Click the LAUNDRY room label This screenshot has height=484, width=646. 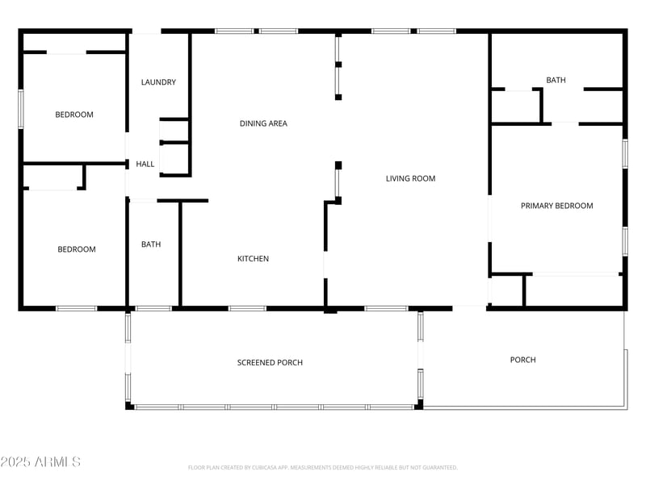tap(158, 82)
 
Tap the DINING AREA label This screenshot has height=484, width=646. tap(263, 123)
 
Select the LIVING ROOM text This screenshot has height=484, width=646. tap(410, 178)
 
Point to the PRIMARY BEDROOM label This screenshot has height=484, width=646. tap(556, 206)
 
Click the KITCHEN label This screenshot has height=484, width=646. tap(253, 259)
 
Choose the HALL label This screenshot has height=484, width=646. tap(145, 164)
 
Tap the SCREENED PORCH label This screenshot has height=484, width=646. tap(270, 362)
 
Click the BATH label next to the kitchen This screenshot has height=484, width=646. tap(151, 244)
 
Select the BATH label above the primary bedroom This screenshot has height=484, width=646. tap(556, 80)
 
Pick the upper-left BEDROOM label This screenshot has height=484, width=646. tap(74, 115)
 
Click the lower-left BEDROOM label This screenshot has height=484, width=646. tap(77, 249)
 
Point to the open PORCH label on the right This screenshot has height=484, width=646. tap(522, 360)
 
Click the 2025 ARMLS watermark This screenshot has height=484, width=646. tap(40, 462)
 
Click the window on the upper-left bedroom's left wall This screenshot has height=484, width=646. tap(21, 108)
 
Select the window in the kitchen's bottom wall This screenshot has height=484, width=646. tap(247, 308)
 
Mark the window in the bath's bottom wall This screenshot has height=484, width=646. tap(153, 308)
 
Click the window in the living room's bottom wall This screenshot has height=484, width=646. tap(386, 308)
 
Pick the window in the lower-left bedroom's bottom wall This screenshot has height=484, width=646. tap(76, 308)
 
